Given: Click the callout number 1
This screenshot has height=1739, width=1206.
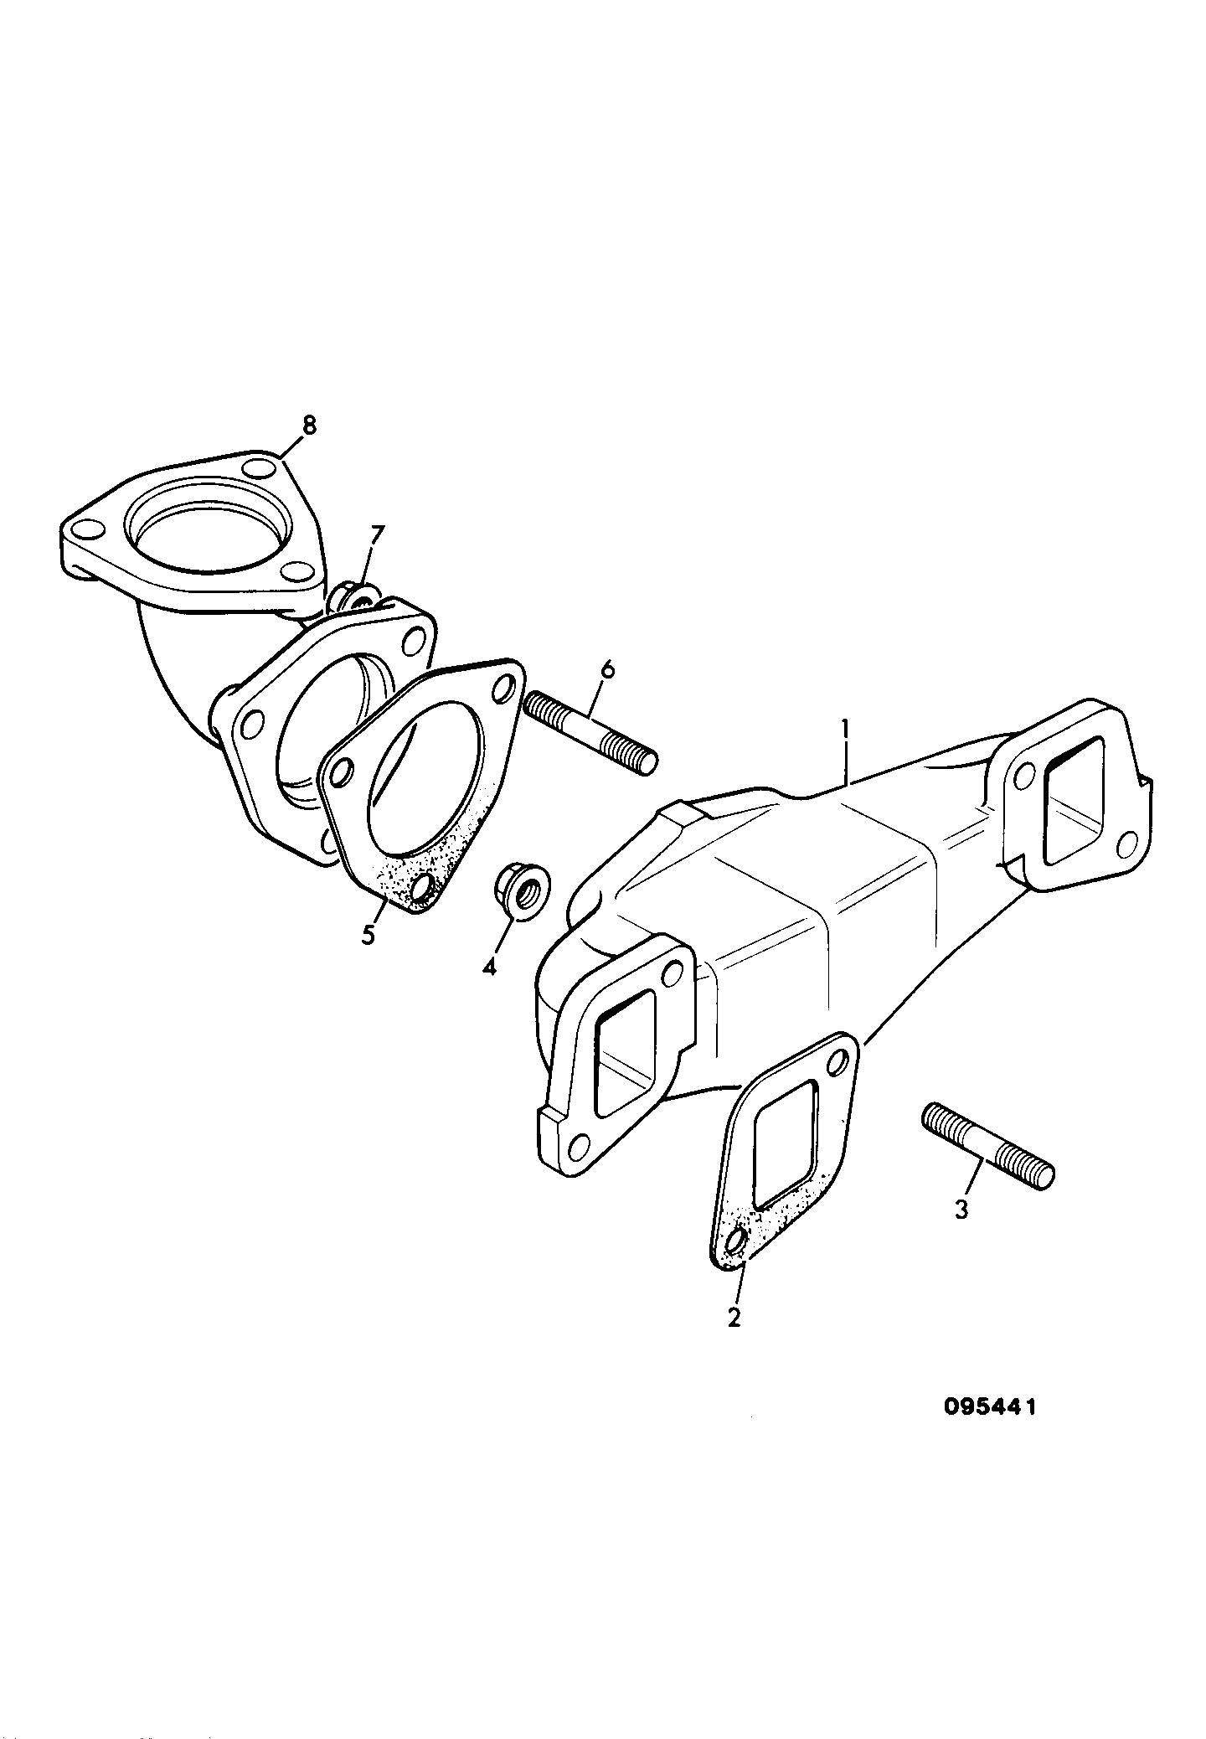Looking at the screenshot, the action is (847, 733).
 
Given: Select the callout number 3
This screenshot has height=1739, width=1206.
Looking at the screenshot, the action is (961, 1209).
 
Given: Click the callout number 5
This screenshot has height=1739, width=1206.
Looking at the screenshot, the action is (368, 934).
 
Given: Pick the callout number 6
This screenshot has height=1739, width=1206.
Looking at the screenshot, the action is (608, 670).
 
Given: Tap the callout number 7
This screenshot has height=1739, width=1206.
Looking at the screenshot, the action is (377, 534).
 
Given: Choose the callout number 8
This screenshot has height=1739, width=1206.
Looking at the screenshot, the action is (309, 426).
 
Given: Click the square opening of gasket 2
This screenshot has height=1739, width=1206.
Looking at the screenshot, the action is (785, 1143).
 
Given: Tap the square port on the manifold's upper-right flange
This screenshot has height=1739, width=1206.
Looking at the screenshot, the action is (1077, 801).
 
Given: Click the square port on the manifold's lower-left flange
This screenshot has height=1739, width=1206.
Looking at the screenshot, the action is (625, 1053).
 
